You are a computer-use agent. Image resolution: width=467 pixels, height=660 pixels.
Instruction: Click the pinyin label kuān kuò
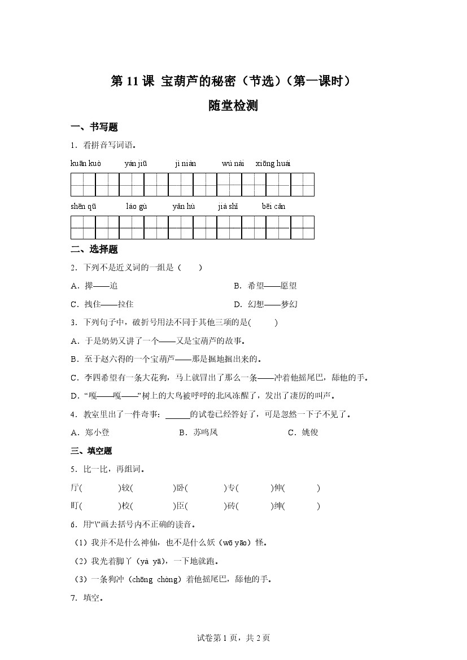click(86, 164)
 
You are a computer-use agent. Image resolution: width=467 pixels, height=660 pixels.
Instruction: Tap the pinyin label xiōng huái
click(273, 164)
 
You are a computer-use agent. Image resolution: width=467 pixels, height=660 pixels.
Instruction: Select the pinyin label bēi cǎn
click(273, 207)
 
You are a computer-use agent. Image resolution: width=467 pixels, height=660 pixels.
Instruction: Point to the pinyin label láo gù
click(137, 207)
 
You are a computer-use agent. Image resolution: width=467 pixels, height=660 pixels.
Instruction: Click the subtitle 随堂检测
click(233, 106)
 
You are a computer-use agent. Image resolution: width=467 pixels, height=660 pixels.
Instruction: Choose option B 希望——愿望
click(265, 286)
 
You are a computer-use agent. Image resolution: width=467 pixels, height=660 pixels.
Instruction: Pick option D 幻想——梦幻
click(265, 304)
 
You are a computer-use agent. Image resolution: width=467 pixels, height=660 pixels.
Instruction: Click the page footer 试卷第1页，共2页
click(233, 638)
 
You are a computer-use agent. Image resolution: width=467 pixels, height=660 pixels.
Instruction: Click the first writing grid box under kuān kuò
click(83, 185)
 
